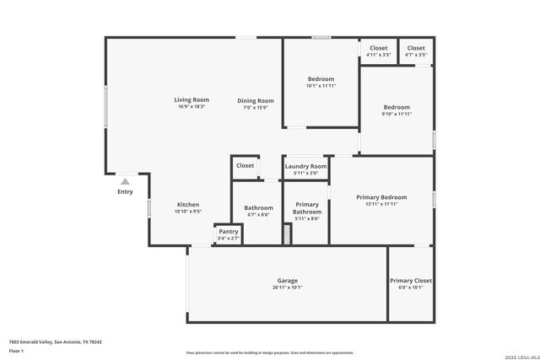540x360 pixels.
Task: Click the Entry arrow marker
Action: click(125, 181)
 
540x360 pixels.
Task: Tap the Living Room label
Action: click(192, 100)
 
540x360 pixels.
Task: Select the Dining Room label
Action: click(255, 100)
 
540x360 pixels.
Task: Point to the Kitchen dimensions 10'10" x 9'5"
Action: click(188, 212)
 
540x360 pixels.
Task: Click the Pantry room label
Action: click(229, 232)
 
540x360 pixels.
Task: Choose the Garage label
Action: click(287, 281)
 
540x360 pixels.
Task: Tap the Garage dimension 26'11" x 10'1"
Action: click(287, 287)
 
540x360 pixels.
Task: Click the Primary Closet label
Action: click(411, 281)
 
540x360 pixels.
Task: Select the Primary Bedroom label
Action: click(381, 196)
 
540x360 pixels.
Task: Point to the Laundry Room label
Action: click(305, 166)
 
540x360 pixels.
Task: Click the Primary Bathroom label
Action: click(307, 208)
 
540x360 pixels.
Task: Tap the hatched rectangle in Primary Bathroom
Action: click(287, 234)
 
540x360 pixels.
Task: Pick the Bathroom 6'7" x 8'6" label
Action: click(258, 208)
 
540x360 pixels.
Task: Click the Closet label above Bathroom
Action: click(245, 166)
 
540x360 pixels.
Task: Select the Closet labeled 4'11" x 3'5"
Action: click(379, 49)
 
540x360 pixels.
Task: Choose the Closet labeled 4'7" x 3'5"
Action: click(416, 49)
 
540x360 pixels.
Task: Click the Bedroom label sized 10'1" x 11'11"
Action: click(321, 79)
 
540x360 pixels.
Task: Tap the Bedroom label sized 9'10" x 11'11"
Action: click(397, 107)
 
